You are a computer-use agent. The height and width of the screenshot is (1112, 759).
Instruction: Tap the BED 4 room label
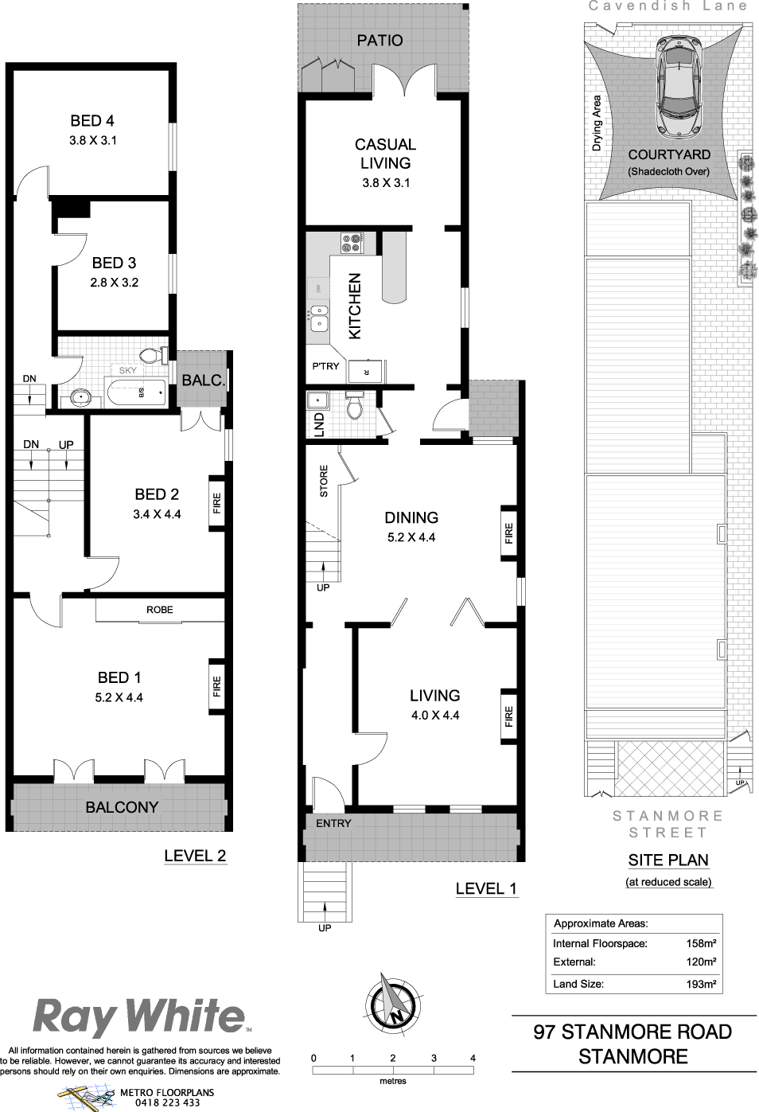coord(92,121)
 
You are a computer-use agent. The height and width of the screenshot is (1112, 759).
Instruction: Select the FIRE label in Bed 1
coord(216,686)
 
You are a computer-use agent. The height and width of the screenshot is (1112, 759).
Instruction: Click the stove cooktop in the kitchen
coord(352,244)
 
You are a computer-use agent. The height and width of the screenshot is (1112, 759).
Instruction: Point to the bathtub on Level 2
coord(135,392)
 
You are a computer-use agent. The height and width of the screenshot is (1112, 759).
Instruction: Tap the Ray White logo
coord(140,1017)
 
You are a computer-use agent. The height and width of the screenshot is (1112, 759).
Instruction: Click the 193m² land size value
coord(701,983)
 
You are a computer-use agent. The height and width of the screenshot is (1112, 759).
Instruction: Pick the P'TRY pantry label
coord(325,366)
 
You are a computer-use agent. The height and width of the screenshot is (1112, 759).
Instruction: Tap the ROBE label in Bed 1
coord(160,610)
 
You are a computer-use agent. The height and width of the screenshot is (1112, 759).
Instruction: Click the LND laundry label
coord(320,425)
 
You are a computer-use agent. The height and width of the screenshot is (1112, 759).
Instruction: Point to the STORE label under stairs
coord(324,481)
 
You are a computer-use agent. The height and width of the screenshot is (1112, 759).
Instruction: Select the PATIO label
coord(379,41)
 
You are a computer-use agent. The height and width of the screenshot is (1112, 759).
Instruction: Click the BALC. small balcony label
coord(204,380)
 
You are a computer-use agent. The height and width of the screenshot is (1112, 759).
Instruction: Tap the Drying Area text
coord(596,123)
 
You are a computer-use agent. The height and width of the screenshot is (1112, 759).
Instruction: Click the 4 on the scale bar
coord(473,1058)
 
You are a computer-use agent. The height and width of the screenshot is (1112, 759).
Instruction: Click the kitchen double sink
coord(320,318)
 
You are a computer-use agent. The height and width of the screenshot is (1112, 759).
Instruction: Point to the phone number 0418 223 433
coord(167,1102)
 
